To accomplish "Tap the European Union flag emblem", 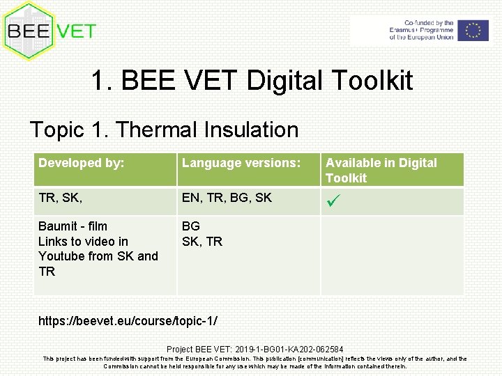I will point(473,30).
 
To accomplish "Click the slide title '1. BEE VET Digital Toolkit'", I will point(251,81).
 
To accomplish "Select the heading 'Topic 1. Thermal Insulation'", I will point(164,130).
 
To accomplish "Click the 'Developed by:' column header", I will point(82,163).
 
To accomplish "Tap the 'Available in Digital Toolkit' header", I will point(381,170).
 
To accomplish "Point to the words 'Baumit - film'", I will point(73,226).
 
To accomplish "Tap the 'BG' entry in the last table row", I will point(191,226).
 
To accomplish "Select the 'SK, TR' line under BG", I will point(201,242).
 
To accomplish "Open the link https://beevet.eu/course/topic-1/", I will point(128,321).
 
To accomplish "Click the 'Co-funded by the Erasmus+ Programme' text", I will point(420,27).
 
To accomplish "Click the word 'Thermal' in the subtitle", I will point(155,130).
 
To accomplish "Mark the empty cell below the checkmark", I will point(392,254).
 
